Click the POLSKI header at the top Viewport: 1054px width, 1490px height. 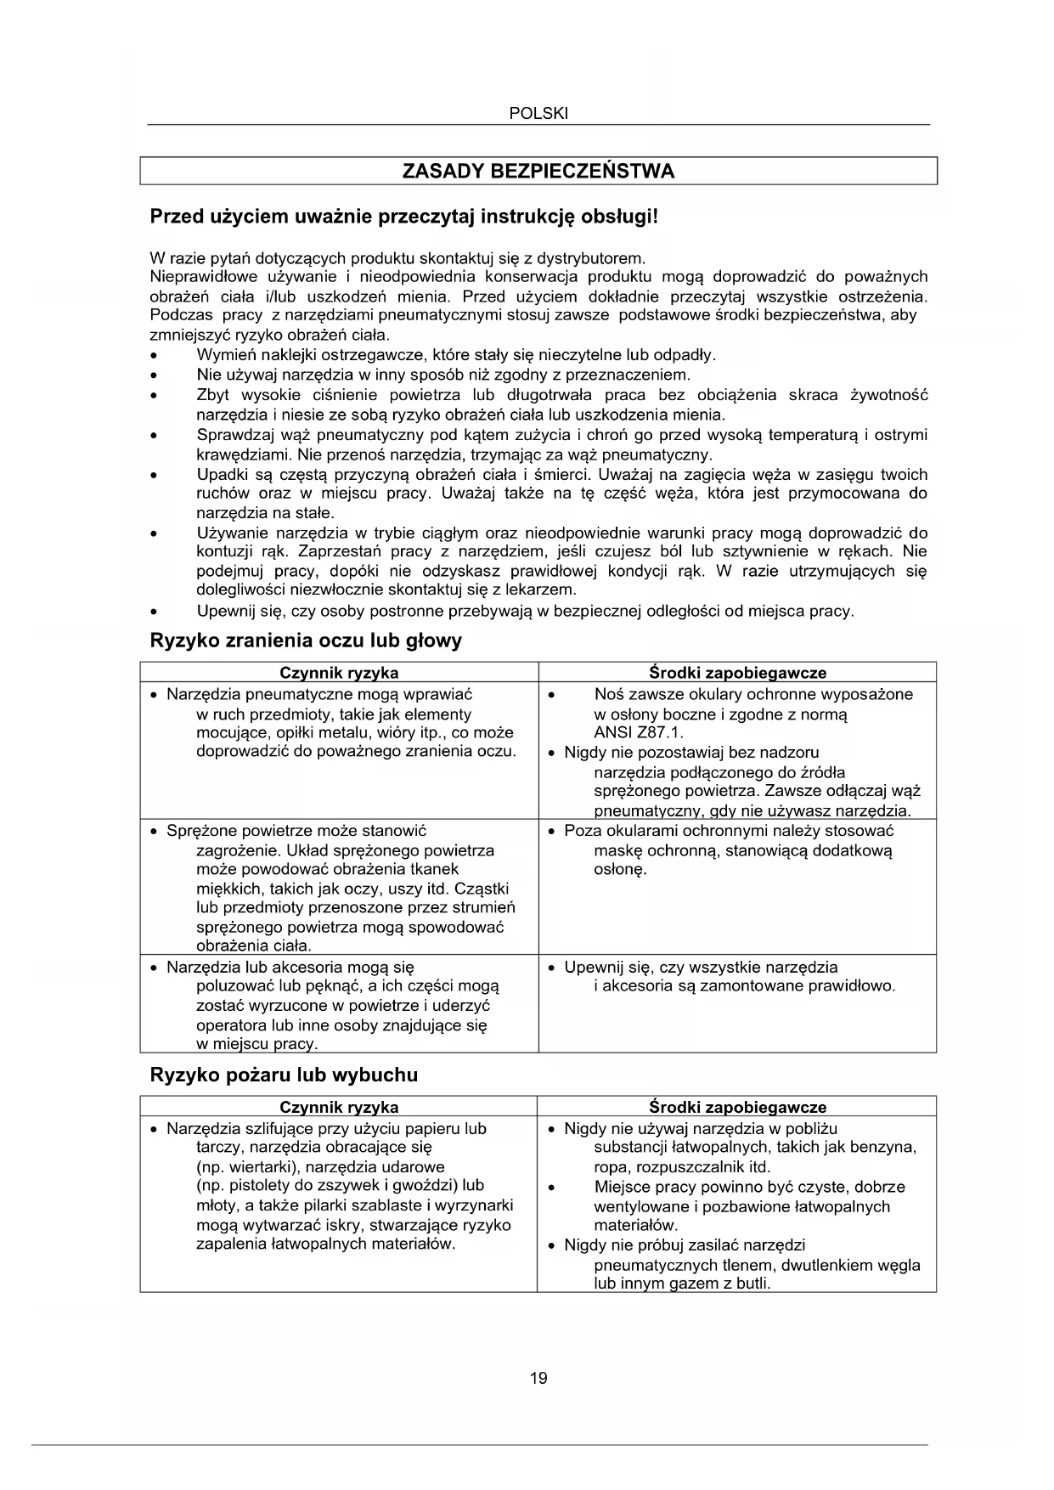[x=538, y=113]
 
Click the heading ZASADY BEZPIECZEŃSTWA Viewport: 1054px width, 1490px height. [x=538, y=171]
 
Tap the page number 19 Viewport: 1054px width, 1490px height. [x=538, y=1377]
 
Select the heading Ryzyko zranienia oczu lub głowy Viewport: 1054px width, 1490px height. [x=306, y=641]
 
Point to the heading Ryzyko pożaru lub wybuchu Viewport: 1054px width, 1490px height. [x=284, y=1075]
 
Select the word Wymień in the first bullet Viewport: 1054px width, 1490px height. [x=223, y=354]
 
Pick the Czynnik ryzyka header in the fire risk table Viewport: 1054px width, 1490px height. [x=339, y=1107]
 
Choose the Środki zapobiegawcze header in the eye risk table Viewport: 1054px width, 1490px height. [x=737, y=673]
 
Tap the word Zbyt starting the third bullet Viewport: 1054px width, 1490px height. [x=213, y=395]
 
